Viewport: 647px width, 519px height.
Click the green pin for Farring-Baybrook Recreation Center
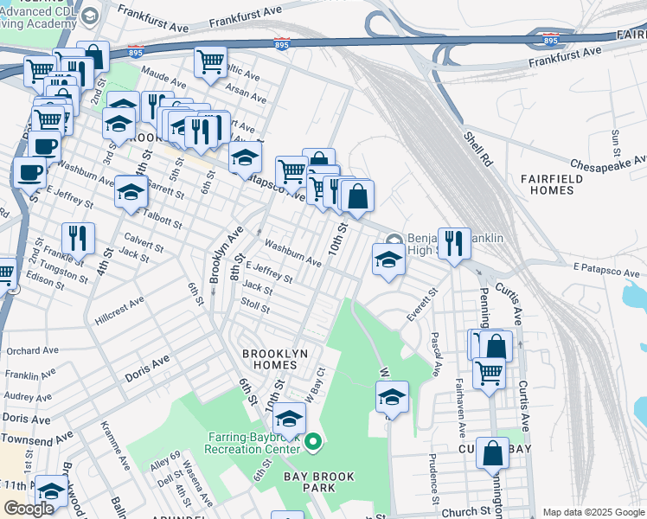tap(315, 445)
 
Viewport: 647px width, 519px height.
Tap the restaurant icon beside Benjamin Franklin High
tap(453, 241)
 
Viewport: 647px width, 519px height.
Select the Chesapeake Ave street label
tap(608, 163)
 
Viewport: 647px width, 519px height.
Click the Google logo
tap(29, 509)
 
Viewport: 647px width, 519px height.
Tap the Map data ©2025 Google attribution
tap(593, 512)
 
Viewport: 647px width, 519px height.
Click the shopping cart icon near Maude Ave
tap(209, 62)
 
